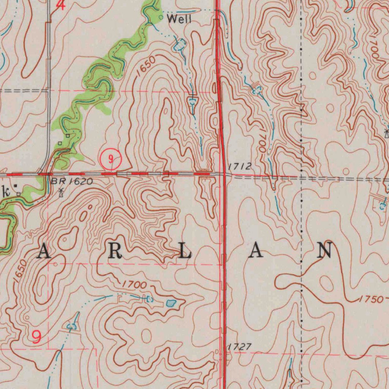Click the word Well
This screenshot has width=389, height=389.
[179, 19]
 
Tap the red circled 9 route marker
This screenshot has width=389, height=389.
[111, 160]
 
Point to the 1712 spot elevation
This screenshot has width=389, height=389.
[240, 166]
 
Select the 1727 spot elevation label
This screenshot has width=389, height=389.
[240, 347]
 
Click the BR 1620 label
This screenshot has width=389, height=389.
[71, 182]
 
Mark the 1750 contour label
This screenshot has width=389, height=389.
[371, 299]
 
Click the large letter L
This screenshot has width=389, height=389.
[185, 252]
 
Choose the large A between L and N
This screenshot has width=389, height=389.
[256, 251]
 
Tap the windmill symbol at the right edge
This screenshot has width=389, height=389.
[386, 133]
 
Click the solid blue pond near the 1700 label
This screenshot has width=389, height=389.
[171, 303]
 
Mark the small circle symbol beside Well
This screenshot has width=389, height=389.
[161, 17]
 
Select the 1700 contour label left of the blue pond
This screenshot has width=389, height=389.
[134, 285]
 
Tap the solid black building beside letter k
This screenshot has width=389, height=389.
[16, 186]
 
